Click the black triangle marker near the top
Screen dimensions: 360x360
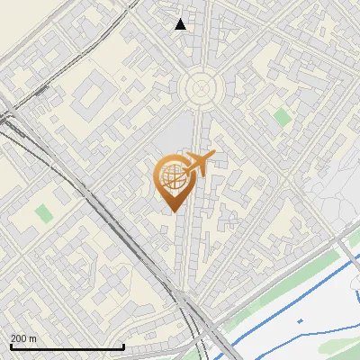(x=181, y=24)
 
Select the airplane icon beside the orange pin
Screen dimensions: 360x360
(x=200, y=164)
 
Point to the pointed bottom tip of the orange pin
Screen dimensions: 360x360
(x=172, y=211)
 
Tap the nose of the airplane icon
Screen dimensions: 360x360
(x=214, y=155)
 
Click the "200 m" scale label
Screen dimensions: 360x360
(x=24, y=338)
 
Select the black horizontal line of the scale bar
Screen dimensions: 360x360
(x=67, y=346)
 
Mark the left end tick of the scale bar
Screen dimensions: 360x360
(x=10, y=345)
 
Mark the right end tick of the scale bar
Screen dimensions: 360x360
(x=123, y=345)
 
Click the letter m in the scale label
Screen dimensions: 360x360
(x=33, y=338)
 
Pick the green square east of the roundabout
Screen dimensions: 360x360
(x=283, y=116)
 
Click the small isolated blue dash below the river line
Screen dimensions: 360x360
(x=301, y=319)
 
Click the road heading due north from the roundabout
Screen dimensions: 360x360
(x=200, y=36)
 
